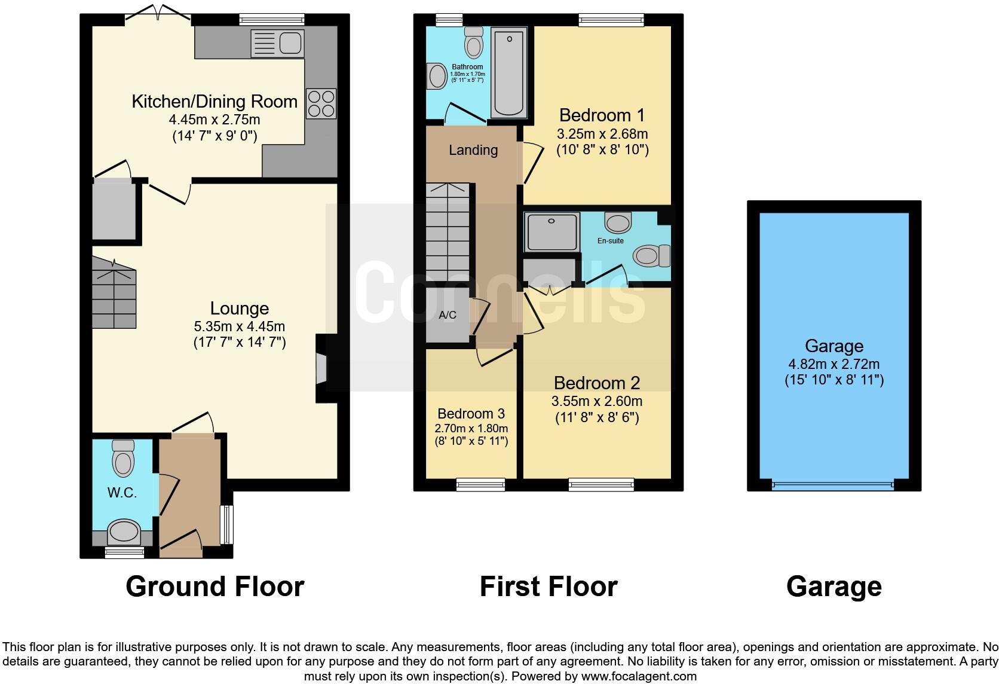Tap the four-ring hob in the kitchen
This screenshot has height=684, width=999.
(321, 103)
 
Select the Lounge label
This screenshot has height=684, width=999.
(240, 309)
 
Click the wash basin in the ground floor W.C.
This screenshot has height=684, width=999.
(124, 532)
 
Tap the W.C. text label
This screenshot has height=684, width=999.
(122, 493)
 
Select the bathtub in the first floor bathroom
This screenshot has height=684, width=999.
(508, 75)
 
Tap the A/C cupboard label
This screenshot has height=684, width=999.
(448, 315)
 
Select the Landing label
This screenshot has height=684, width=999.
(473, 150)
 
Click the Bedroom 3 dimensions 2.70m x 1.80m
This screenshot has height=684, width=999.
(471, 428)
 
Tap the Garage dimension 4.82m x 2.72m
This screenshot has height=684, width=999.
(833, 364)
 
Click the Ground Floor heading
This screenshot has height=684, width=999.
(215, 587)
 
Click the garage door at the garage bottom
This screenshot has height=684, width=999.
(833, 485)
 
